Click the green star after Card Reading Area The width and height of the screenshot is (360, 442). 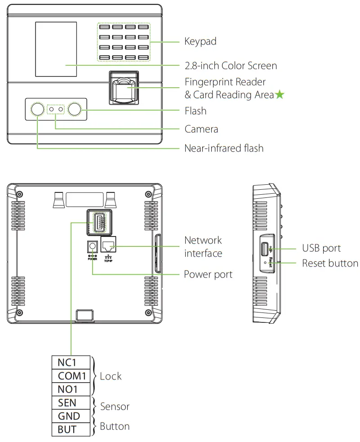click(x=280, y=95)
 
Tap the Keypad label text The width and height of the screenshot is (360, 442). click(x=200, y=42)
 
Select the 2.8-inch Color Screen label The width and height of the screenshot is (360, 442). click(x=231, y=66)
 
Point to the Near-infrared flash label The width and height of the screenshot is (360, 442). click(x=224, y=148)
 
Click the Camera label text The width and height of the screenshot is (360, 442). click(x=201, y=129)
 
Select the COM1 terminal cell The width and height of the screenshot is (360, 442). click(x=71, y=376)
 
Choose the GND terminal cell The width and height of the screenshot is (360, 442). click(x=69, y=416)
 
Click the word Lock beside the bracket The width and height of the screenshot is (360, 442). click(x=111, y=376)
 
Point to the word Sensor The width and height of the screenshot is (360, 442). click(x=115, y=407)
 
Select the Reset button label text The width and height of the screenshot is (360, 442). click(x=330, y=263)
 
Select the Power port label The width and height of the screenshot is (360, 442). click(x=208, y=274)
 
